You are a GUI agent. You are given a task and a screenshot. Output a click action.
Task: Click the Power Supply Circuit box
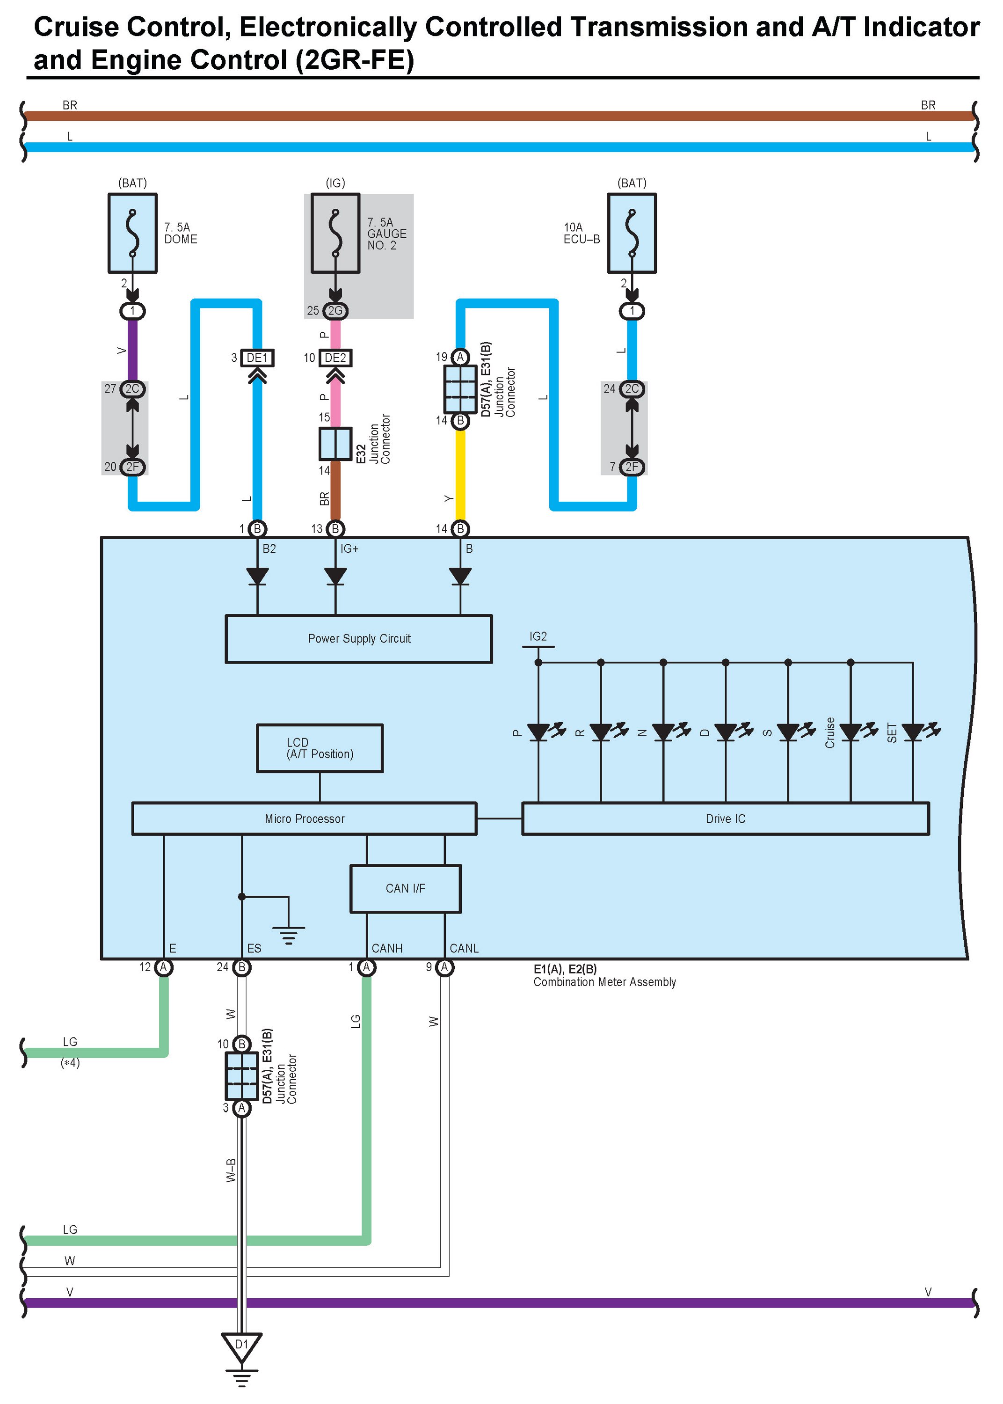[x=358, y=639]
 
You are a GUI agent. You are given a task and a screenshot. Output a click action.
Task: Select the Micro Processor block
[x=304, y=819]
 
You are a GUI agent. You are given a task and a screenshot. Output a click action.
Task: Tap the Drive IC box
[x=725, y=819]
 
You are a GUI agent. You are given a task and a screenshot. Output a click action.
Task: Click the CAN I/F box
[x=405, y=888]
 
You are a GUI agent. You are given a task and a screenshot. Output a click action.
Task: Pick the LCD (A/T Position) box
[x=320, y=748]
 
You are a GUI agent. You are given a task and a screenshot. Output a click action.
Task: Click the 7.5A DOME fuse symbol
[x=132, y=233]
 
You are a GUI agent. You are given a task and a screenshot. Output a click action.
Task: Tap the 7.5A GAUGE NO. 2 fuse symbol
[x=335, y=233]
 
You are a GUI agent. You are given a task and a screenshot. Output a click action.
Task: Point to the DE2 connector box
[x=335, y=358]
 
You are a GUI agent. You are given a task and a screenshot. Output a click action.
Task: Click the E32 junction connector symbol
[x=335, y=444]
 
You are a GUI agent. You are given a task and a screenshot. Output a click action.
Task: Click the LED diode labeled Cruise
[x=850, y=732]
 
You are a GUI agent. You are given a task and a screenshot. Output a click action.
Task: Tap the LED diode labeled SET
[x=913, y=732]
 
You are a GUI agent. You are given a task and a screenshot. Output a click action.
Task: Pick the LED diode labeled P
[x=538, y=732]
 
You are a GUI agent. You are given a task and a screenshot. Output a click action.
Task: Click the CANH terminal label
[x=386, y=948]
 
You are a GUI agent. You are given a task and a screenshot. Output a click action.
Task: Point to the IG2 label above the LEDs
[x=538, y=636]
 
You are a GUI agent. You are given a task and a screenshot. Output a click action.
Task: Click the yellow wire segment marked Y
[x=460, y=475]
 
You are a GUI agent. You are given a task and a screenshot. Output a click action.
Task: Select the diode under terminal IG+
[x=335, y=576]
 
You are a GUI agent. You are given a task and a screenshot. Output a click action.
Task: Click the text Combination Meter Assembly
[x=604, y=982]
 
